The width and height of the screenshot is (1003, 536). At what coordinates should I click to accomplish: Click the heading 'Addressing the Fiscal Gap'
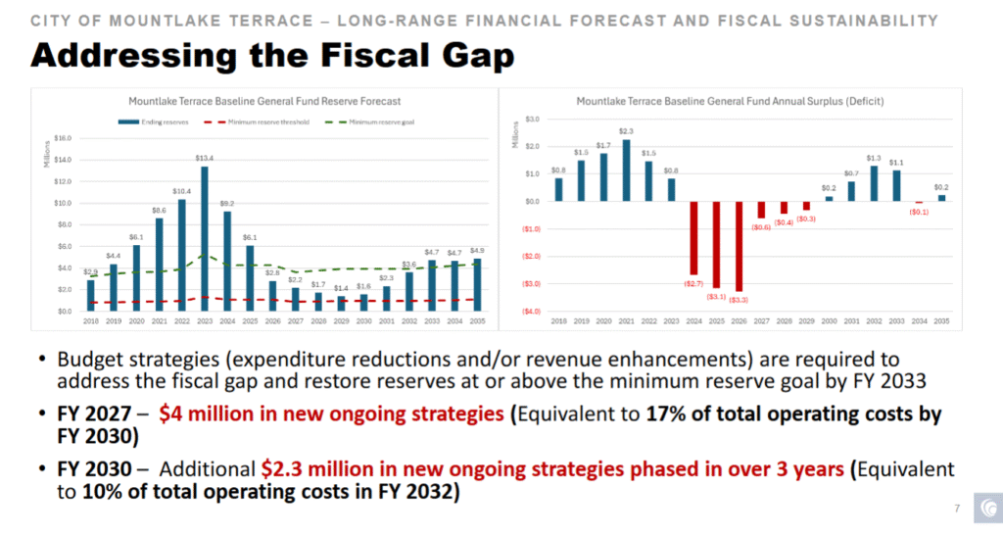(x=272, y=56)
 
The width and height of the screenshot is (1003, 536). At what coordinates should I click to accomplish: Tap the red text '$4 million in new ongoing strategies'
(x=332, y=414)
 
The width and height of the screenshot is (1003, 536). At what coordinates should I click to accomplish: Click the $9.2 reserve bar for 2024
(x=227, y=261)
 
